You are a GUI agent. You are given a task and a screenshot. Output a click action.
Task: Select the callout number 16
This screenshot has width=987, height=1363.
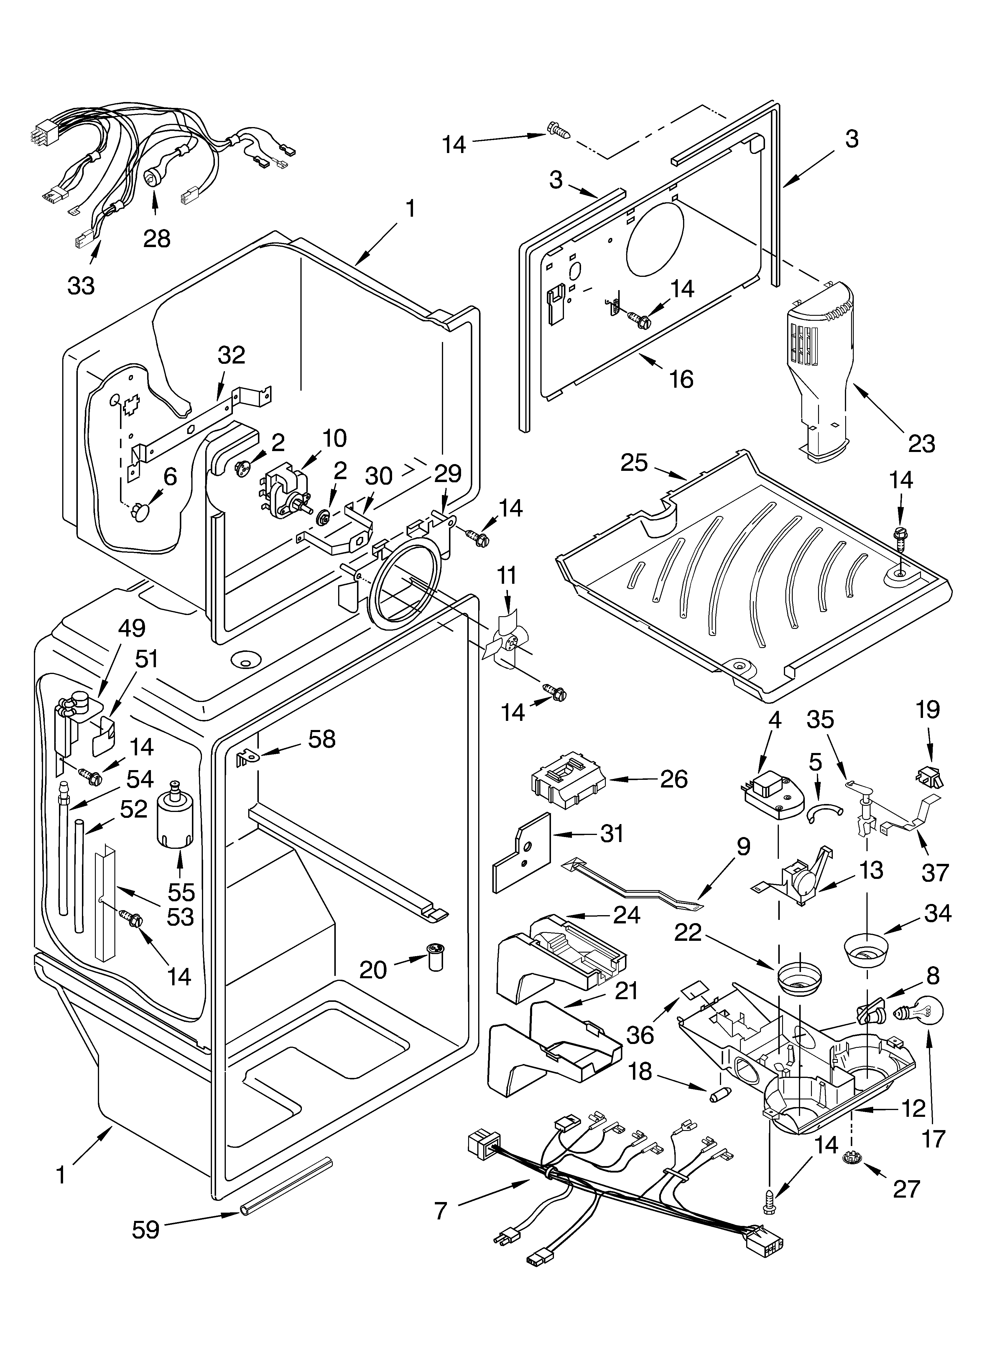(x=681, y=379)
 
